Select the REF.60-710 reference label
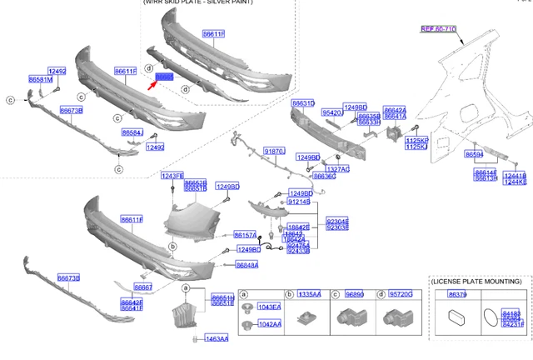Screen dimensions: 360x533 tap(438, 29)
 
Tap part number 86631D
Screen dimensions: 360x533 tap(302, 103)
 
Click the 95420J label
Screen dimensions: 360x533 tap(333, 112)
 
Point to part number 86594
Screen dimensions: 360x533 tap(475, 154)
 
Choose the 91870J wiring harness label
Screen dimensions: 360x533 tap(274, 151)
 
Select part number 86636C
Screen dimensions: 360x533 tap(325, 177)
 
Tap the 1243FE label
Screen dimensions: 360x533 tap(172, 176)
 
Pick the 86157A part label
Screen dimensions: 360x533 tap(246, 235)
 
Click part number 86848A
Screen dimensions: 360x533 tap(247, 265)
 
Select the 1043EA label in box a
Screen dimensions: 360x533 tap(270, 308)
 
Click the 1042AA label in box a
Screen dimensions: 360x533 tap(270, 324)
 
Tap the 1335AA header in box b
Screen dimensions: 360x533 tap(310, 294)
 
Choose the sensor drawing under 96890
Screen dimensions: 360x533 tap(347, 317)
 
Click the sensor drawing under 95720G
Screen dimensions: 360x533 tap(395, 317)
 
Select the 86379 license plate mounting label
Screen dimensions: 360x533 tap(457, 294)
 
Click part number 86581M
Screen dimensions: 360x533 tap(40, 79)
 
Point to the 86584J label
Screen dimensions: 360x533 tap(132, 132)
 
